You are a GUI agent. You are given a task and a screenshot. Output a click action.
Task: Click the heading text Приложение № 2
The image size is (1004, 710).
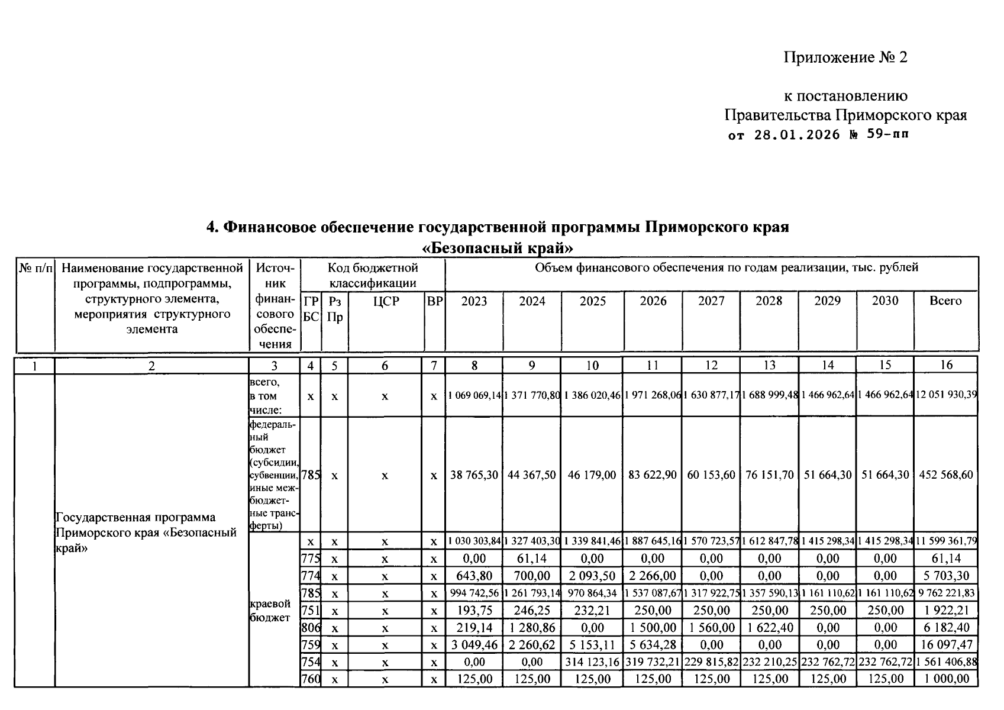[845, 57]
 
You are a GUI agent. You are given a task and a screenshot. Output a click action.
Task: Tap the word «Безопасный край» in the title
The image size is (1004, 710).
[498, 247]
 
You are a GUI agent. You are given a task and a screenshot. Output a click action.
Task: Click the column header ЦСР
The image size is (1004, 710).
[386, 301]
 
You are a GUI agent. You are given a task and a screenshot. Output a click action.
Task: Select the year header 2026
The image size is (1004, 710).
[653, 301]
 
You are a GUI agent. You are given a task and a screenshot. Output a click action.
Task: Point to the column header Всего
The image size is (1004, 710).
[945, 301]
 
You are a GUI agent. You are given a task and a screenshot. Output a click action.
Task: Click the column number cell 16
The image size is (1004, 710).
[945, 365]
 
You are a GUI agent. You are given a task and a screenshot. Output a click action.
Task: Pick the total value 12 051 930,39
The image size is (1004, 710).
[946, 395]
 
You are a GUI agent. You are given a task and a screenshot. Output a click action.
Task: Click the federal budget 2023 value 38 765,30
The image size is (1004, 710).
[474, 475]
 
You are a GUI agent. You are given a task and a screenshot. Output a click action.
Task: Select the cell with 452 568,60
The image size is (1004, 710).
[946, 475]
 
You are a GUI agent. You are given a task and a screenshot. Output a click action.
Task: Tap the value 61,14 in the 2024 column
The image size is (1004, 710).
[532, 559]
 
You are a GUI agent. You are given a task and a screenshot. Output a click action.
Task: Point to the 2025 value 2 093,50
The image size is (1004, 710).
[592, 576]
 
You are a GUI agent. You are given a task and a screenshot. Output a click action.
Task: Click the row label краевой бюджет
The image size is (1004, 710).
[270, 611]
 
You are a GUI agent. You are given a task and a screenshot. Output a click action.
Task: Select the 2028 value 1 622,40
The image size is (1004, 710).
[769, 627]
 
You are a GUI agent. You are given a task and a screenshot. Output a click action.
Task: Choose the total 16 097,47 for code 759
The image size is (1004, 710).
[946, 644]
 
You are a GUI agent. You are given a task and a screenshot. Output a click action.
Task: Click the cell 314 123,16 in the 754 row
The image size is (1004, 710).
[592, 662]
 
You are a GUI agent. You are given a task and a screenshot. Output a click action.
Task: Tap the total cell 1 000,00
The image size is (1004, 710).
[946, 679]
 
